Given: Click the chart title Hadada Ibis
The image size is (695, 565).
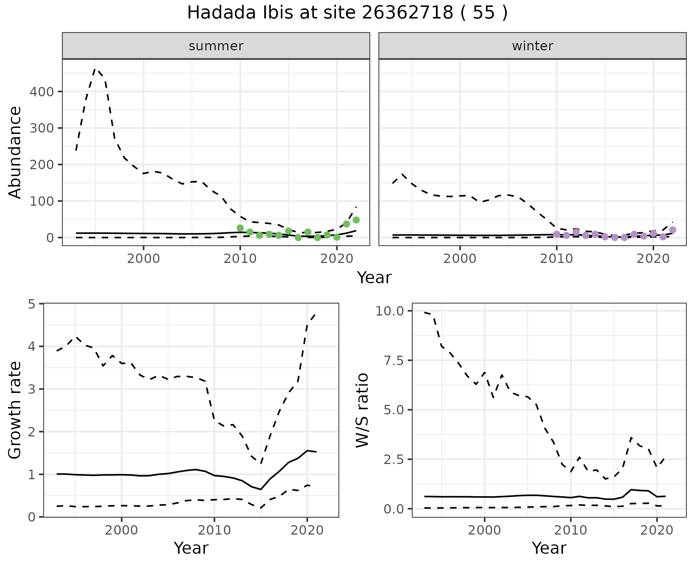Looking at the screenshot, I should [x=347, y=13].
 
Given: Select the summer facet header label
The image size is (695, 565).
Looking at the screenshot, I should [x=216, y=46].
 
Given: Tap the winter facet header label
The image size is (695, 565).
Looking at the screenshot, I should [x=532, y=46].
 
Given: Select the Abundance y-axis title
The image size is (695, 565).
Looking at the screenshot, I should [x=15, y=152].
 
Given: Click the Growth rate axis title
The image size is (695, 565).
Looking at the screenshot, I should [x=15, y=410].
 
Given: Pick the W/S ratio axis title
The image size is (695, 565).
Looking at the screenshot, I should [x=362, y=410].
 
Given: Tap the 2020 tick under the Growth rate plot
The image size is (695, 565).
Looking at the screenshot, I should [x=307, y=530].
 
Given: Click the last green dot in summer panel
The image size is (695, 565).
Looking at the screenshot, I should [x=356, y=220].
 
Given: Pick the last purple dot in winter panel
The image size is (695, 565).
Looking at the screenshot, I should [x=673, y=230].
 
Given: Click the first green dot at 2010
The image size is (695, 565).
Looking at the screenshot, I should [x=240, y=228].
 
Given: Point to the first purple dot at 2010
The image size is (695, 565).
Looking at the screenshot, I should [x=557, y=234].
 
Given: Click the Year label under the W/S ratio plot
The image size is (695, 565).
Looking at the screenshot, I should [x=549, y=548].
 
